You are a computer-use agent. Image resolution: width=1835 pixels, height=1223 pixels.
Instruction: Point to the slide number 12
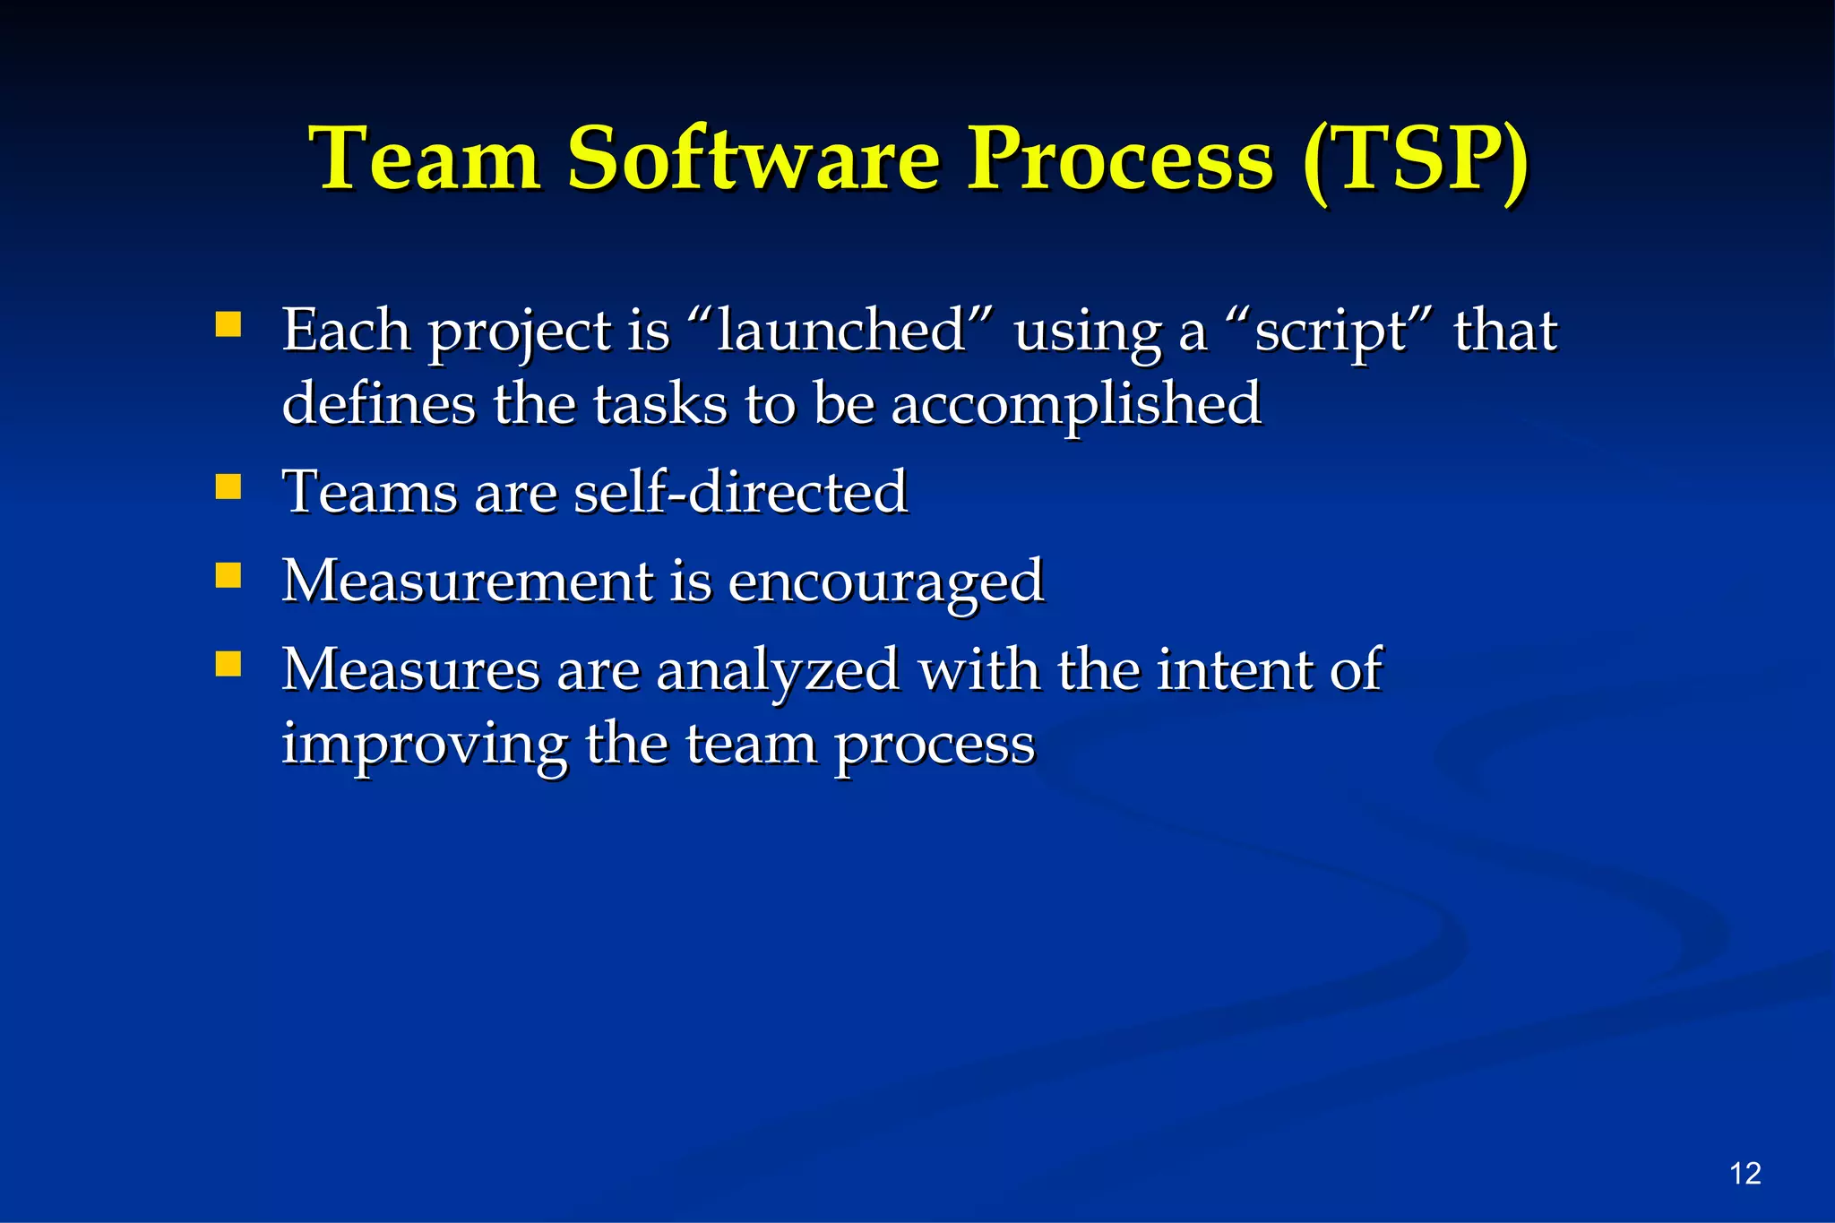[1745, 1174]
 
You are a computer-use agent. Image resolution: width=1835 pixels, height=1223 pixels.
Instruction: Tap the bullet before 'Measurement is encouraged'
[228, 575]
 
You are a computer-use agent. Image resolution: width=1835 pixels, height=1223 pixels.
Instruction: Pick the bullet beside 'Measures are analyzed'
[228, 664]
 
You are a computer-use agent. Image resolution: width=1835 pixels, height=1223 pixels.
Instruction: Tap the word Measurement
[468, 580]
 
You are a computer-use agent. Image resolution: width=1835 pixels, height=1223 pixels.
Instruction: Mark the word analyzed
[778, 671]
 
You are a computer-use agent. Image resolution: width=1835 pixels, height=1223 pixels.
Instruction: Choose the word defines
[378, 403]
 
